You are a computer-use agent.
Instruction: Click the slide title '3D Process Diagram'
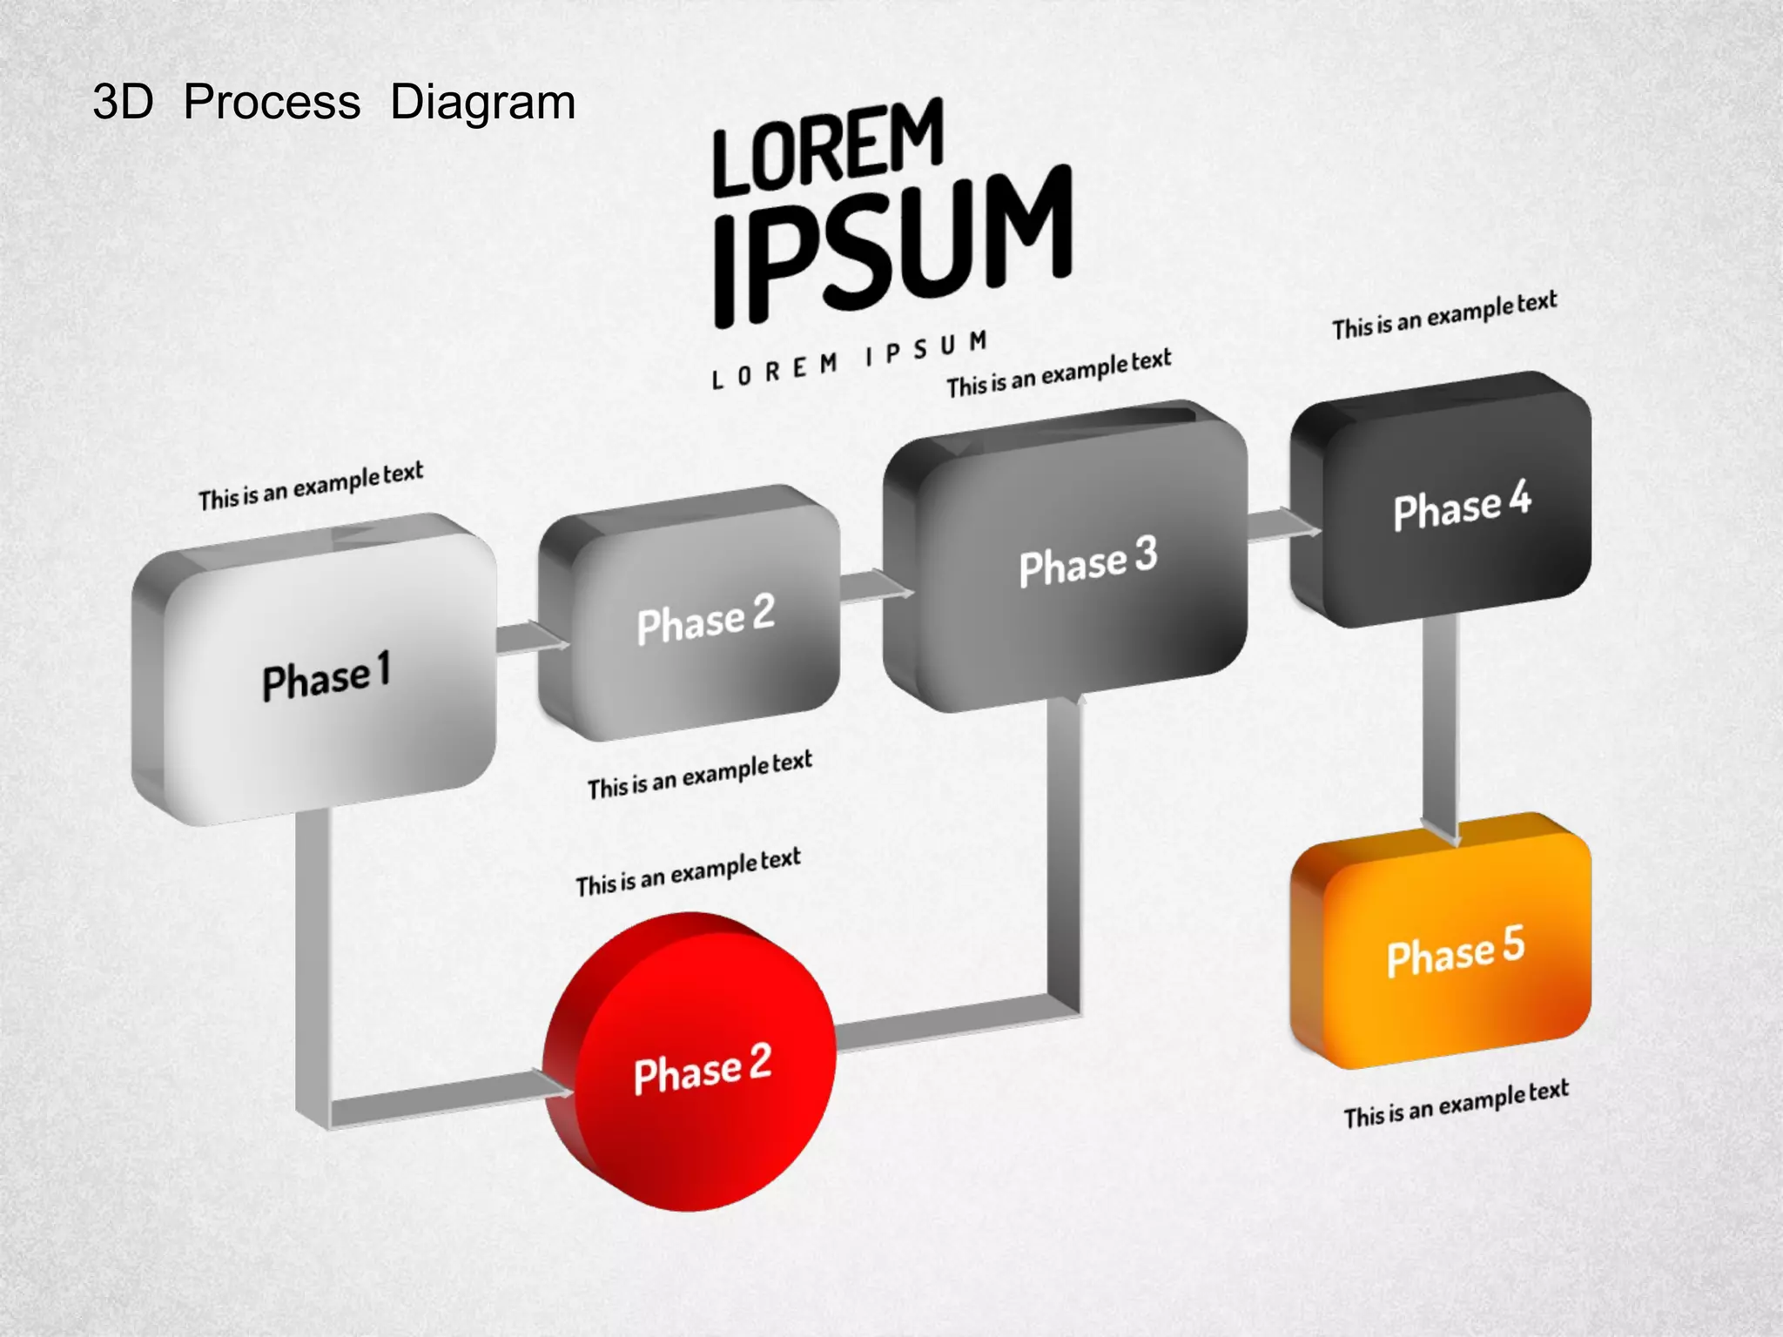334,103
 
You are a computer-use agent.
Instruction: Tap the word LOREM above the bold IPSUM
828,147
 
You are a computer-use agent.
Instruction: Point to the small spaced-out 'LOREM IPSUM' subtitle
850,359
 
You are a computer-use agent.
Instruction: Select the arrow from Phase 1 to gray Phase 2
531,639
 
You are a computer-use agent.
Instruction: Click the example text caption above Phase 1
311,487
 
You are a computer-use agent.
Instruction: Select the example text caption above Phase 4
1443,316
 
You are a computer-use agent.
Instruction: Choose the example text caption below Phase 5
1455,1104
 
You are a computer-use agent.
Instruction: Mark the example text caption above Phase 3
1059,373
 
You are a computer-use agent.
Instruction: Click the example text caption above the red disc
688,872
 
